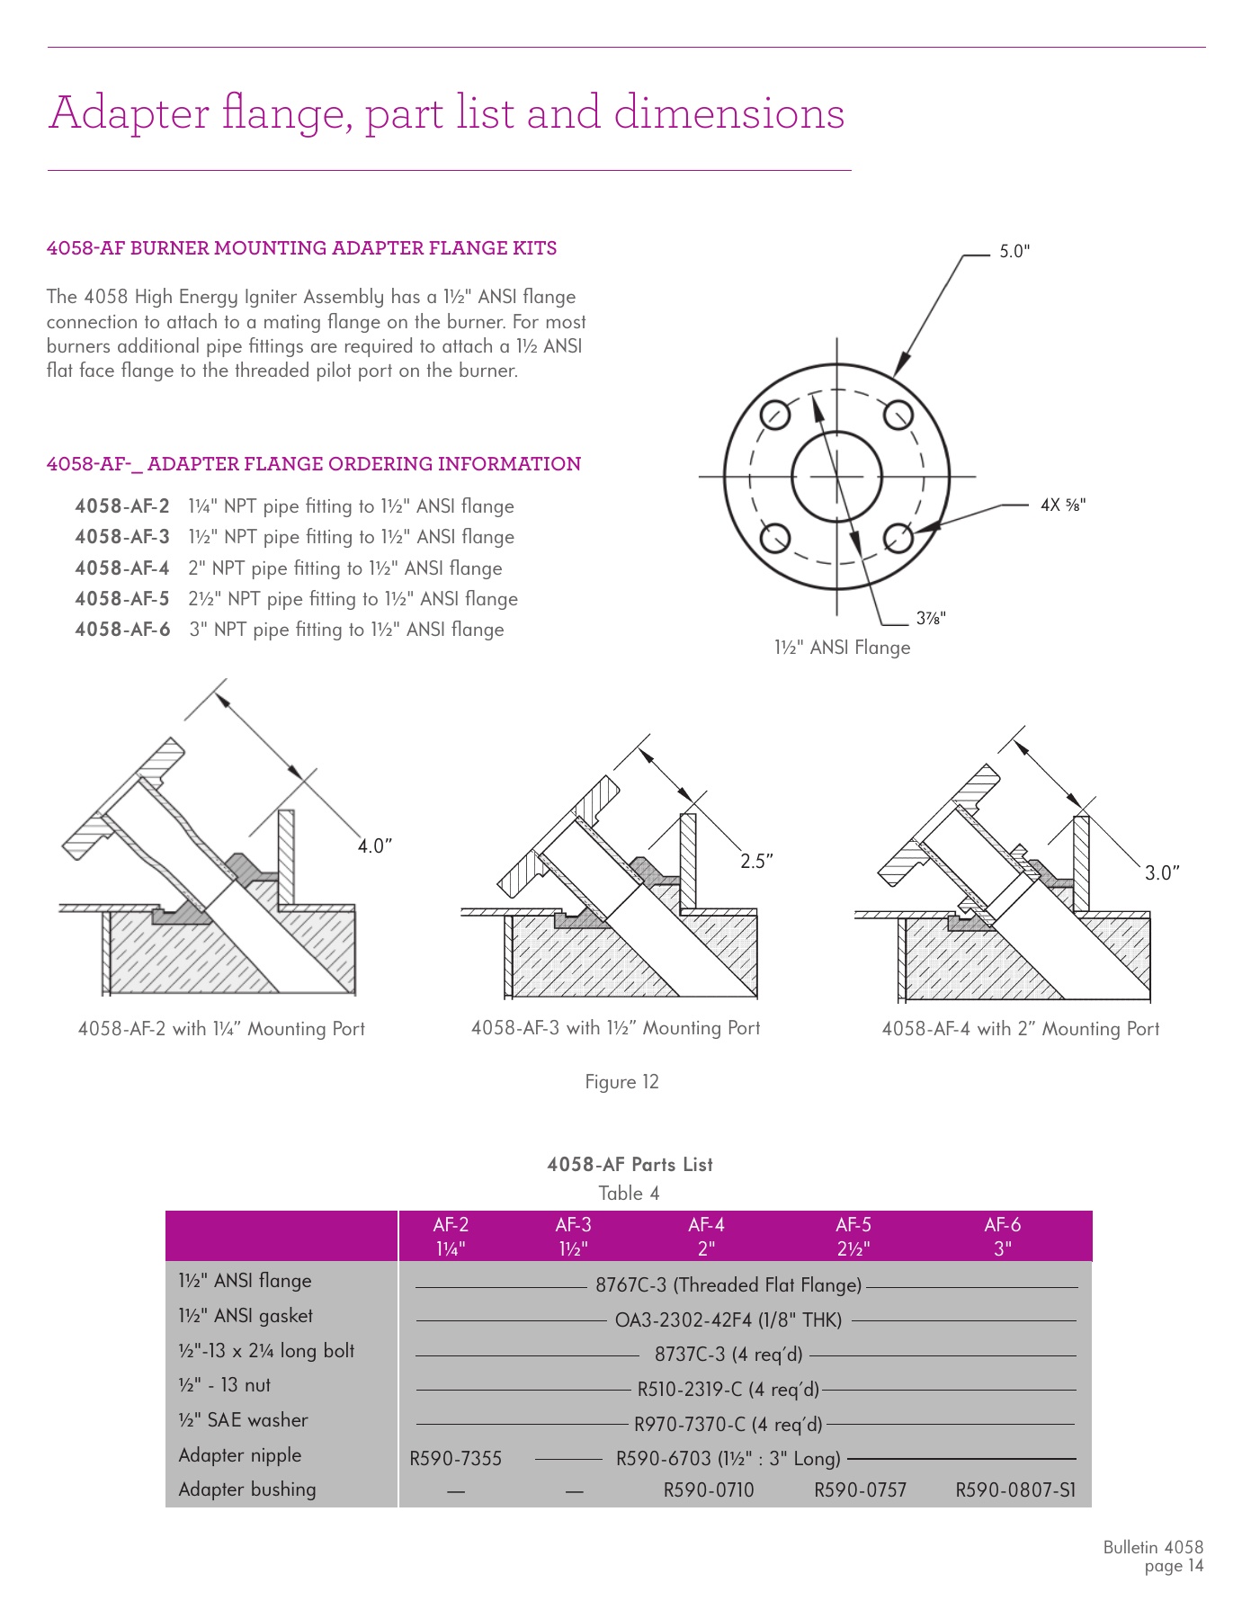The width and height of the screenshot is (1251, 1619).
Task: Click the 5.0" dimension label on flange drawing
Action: pyautogui.click(x=1014, y=252)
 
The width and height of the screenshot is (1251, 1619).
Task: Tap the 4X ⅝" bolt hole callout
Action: pyautogui.click(x=1062, y=505)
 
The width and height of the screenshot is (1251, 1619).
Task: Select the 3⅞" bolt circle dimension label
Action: pyautogui.click(x=930, y=618)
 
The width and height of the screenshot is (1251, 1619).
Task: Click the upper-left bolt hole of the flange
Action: pyautogui.click(x=775, y=415)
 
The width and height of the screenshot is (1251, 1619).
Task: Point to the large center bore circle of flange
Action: pyautogui.click(x=836, y=477)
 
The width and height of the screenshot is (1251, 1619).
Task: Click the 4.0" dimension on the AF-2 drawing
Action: pyautogui.click(x=375, y=846)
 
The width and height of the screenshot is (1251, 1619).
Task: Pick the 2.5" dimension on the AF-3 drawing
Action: pyautogui.click(x=756, y=862)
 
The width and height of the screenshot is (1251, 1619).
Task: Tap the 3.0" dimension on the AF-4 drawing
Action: pyautogui.click(x=1161, y=872)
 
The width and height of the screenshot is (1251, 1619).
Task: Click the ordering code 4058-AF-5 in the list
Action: pyautogui.click(x=122, y=599)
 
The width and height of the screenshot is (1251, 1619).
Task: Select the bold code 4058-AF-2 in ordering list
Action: pyautogui.click(x=122, y=506)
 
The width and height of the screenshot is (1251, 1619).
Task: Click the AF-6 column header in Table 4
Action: pyautogui.click(x=1002, y=1236)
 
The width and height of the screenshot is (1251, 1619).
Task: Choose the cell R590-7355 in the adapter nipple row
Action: pyautogui.click(x=455, y=1458)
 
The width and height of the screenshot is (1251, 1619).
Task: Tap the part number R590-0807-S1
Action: pyautogui.click(x=1014, y=1490)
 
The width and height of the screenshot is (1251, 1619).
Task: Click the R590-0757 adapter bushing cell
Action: pyautogui.click(x=860, y=1490)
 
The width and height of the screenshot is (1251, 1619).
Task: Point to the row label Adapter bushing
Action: pyautogui.click(x=247, y=1489)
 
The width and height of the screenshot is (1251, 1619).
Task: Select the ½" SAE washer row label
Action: pyautogui.click(x=243, y=1420)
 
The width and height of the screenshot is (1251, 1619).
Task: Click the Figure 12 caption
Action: pyautogui.click(x=621, y=1082)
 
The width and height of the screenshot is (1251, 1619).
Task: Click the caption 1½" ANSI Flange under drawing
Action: pyautogui.click(x=842, y=648)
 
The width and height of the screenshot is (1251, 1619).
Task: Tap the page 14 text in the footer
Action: pyautogui.click(x=1173, y=1566)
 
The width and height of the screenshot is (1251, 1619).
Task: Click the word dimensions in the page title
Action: pyautogui.click(x=728, y=113)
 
